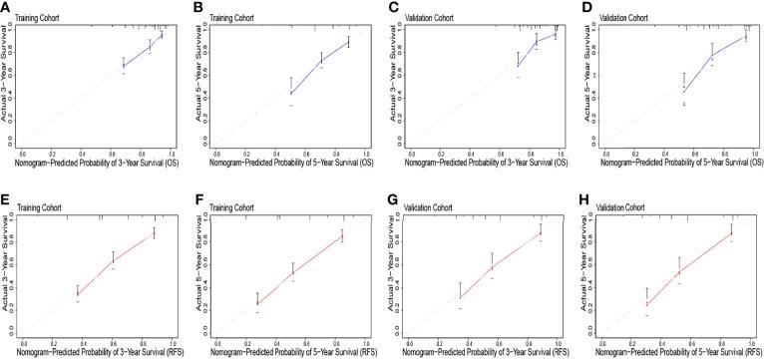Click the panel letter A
pos(6,7)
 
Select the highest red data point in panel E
pos(154,232)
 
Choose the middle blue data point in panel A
pos(150,46)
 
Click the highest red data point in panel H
pos(731,233)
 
